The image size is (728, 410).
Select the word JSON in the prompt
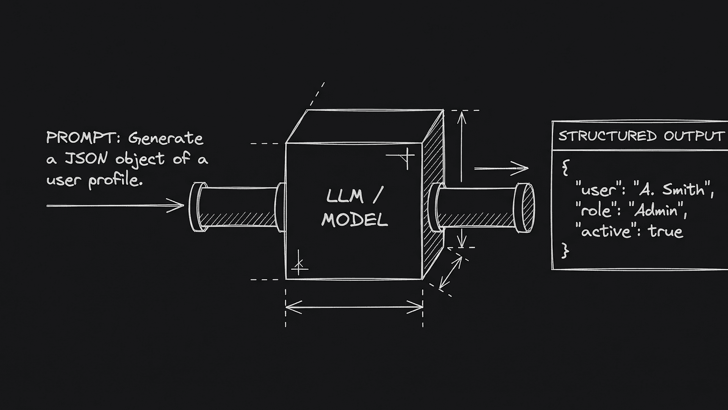(86, 159)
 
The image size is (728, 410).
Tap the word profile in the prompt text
(115, 180)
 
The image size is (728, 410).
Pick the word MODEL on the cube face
(355, 220)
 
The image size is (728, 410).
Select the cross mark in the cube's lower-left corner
(299, 263)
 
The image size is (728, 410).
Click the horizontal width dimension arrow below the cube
(354, 307)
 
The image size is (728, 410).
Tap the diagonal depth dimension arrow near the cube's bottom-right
(451, 273)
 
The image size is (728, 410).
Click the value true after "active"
(665, 231)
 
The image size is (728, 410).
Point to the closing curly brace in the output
(565, 251)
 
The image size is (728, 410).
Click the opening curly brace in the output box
(565, 167)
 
